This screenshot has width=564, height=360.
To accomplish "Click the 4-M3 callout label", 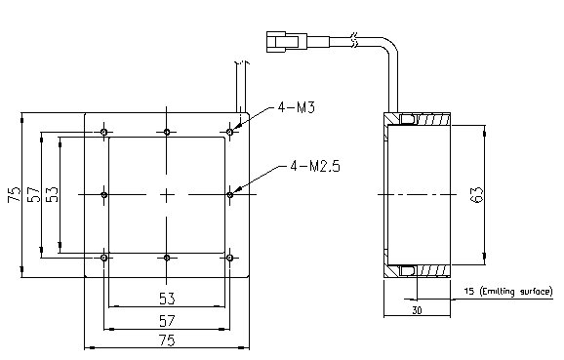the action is pos(297,107).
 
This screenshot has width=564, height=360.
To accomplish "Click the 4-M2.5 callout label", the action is pos(315,166).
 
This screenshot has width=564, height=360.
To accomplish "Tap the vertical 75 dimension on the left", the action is pos(15,194).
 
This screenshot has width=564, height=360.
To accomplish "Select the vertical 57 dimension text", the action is pos(33,194).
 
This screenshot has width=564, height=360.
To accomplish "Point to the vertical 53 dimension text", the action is pos(52,194).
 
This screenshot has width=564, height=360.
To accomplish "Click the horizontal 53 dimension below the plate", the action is pos(167,299).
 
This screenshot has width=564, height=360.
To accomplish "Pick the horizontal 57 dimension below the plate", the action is pos(167,320).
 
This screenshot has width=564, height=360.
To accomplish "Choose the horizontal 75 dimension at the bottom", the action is pos(167,340).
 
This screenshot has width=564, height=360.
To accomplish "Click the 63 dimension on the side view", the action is pos(477,194).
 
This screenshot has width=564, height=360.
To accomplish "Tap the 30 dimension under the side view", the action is pos(417,310).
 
